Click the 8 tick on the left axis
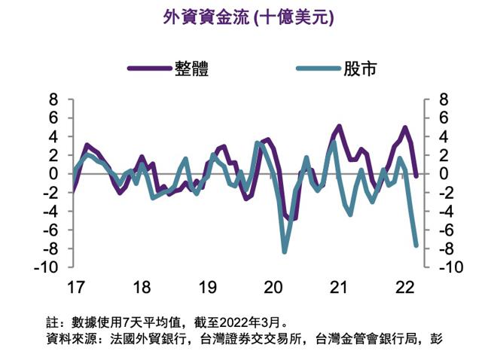click(53, 99)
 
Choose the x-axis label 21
click(340, 288)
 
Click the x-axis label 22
click(405, 288)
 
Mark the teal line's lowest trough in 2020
click(285, 251)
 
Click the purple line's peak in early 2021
click(340, 126)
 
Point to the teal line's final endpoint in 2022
click(416, 245)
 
